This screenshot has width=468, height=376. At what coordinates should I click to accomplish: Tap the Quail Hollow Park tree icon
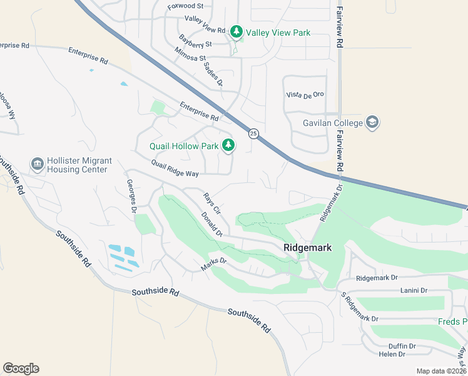pos(228,146)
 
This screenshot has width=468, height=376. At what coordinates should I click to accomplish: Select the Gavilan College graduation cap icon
pos(372,122)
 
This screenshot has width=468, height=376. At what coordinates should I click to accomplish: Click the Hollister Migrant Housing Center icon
pos(38,165)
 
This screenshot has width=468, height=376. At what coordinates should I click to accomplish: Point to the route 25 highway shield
pos(253,133)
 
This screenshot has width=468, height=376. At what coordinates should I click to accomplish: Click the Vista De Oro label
pos(305,95)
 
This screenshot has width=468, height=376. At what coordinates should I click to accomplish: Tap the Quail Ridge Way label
pos(175,168)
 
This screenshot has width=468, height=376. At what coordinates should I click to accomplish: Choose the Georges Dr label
pos(131,197)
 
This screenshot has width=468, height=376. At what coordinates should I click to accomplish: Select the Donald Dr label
pos(213,224)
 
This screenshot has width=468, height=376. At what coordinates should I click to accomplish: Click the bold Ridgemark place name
pos(307,248)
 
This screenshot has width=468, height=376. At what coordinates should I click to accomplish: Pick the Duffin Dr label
pos(402,346)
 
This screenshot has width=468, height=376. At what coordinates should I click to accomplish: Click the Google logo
pos(21,368)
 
